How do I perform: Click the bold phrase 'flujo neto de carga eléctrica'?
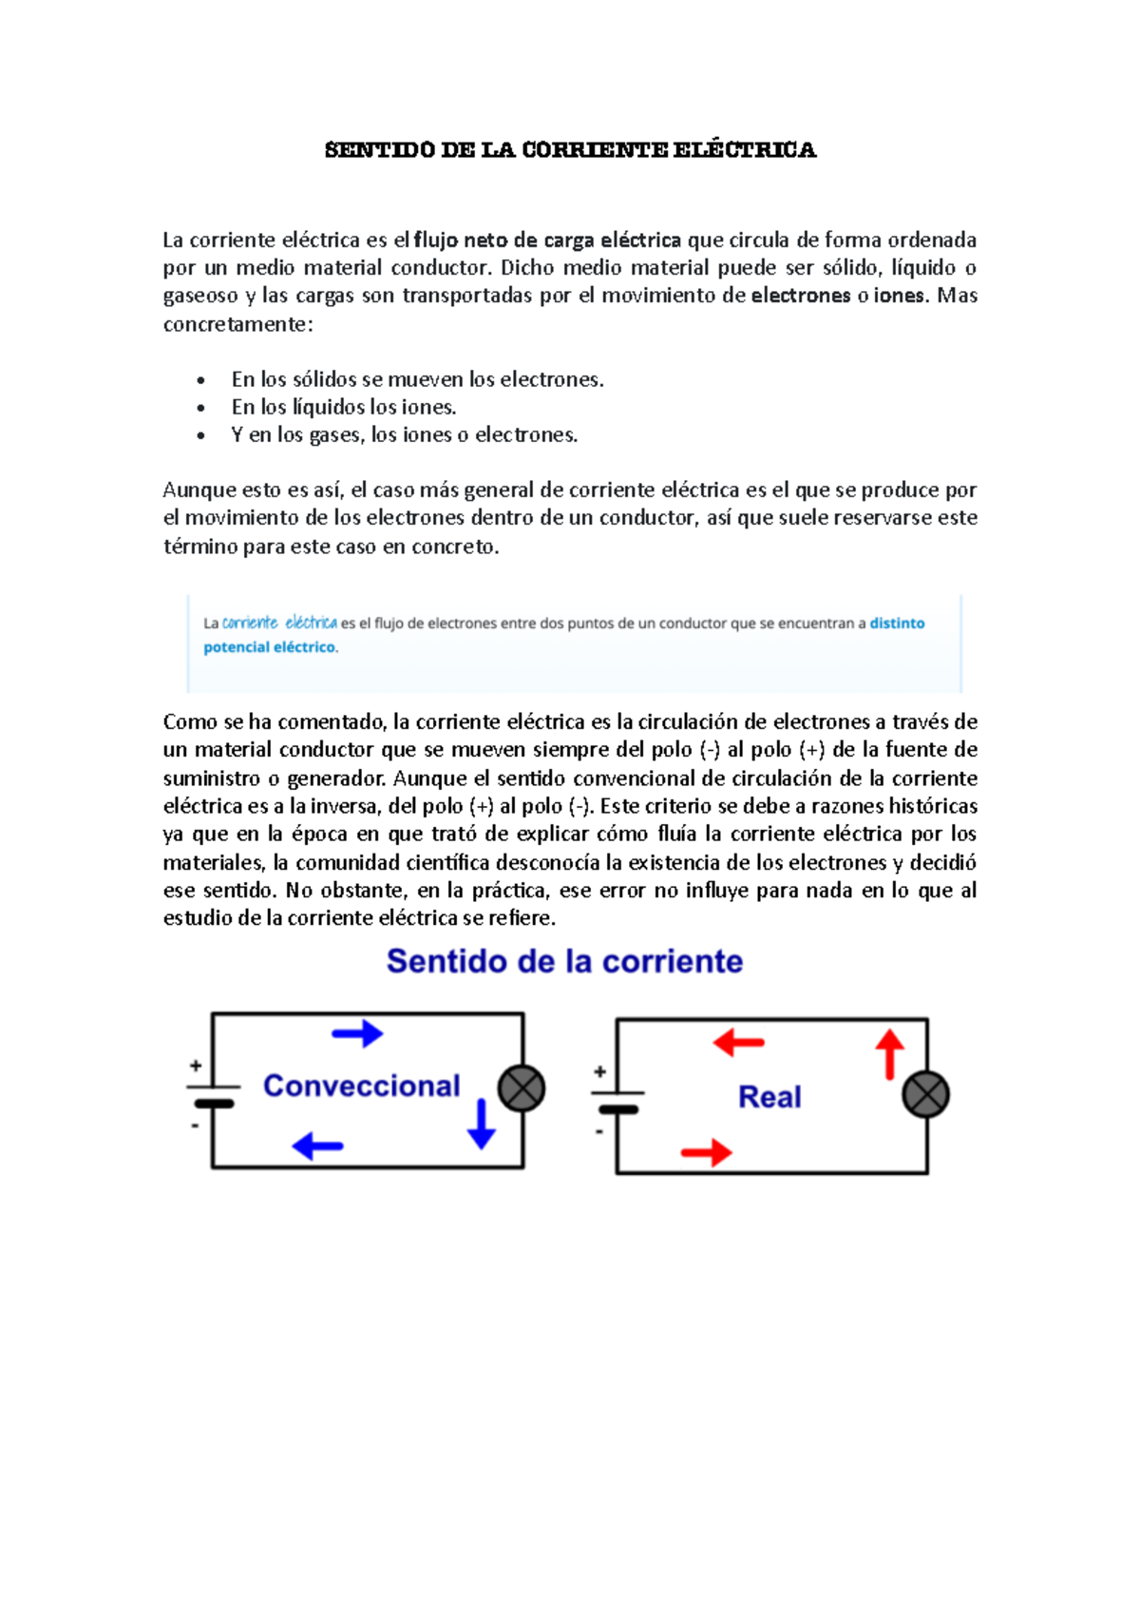tap(547, 240)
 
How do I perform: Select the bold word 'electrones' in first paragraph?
tap(800, 296)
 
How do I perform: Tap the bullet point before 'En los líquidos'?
tap(200, 408)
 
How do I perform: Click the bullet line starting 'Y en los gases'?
tap(404, 435)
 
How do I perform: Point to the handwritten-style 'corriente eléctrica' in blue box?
tap(279, 624)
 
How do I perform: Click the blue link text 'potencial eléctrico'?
tap(270, 647)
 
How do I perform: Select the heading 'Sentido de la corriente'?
tap(564, 961)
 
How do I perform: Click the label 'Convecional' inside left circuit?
tap(361, 1086)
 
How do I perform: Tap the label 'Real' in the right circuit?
tap(769, 1097)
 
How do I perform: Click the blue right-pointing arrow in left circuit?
tap(357, 1033)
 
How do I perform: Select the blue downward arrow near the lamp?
tap(482, 1124)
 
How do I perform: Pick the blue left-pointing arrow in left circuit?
tap(317, 1145)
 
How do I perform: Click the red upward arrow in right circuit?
tap(889, 1054)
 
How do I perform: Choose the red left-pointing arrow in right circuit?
tap(738, 1043)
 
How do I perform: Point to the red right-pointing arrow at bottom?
tap(706, 1153)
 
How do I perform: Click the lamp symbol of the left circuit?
tap(522, 1088)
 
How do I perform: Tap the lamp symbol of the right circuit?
tap(925, 1094)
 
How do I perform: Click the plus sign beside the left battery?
tap(196, 1066)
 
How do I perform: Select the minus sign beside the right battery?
tap(599, 1132)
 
